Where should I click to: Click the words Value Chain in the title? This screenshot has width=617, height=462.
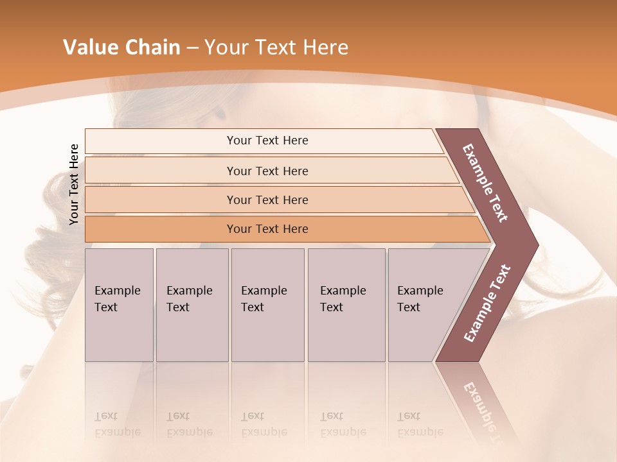click(x=121, y=47)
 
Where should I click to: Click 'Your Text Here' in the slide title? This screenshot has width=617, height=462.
click(x=276, y=47)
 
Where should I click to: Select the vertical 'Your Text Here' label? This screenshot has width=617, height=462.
click(x=74, y=184)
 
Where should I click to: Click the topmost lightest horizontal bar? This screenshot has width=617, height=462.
click(x=267, y=141)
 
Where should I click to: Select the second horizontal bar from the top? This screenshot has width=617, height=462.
click(x=267, y=171)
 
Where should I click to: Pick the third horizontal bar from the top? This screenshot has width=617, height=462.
click(x=267, y=200)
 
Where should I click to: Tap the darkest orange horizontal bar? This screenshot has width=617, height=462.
click(x=267, y=229)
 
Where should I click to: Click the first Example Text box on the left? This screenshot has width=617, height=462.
click(x=119, y=304)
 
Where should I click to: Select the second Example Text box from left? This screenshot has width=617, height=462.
click(x=192, y=304)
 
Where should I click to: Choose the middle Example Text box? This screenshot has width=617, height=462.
click(x=267, y=304)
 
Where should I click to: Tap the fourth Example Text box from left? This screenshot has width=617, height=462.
click(x=346, y=304)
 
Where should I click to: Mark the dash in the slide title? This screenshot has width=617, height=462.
click(x=192, y=48)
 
